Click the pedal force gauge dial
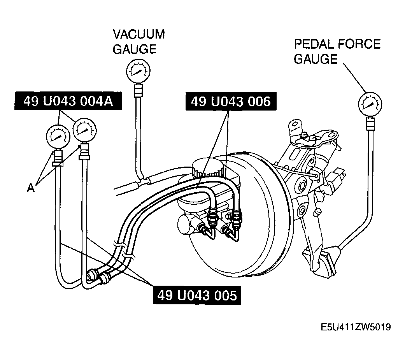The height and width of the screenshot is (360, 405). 370,104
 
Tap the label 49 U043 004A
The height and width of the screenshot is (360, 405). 68,101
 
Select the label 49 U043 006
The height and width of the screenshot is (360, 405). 231,101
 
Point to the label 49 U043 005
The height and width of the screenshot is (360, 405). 197,295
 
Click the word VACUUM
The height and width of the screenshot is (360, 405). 139,34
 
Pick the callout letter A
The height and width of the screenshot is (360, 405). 31,188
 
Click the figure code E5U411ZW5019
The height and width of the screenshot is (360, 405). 356,327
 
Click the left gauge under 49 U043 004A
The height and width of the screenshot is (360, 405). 58,137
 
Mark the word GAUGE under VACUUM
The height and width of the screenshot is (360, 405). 135,49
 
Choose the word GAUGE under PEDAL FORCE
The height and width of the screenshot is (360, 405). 316,59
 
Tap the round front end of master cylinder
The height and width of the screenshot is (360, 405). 185,225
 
